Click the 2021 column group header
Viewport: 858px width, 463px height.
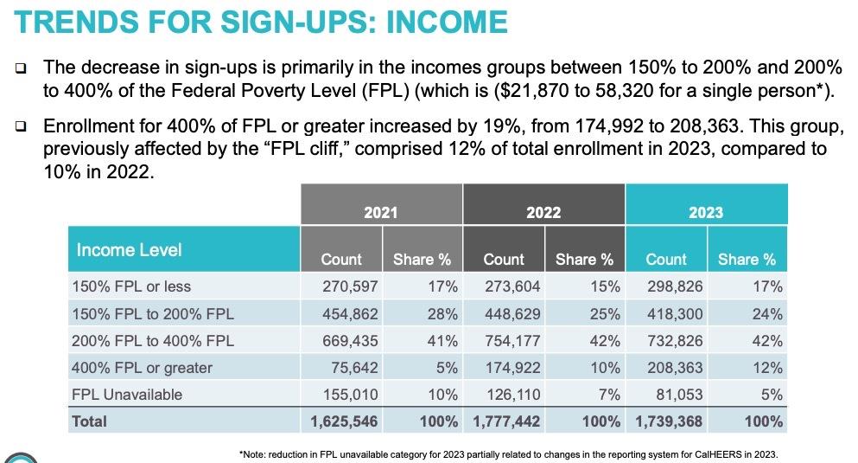click(381, 212)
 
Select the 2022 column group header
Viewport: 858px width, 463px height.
click(543, 212)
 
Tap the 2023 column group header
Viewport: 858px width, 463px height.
click(706, 212)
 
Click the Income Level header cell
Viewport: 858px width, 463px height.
click(130, 250)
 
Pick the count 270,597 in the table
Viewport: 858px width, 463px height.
click(349, 286)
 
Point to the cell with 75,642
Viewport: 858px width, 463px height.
click(354, 368)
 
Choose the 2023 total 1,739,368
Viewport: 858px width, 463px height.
click(670, 421)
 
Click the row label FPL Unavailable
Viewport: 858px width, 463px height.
click(126, 395)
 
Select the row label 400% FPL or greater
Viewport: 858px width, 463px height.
click(142, 368)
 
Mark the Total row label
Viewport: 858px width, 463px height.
click(90, 421)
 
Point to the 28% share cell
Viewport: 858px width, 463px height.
click(442, 313)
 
